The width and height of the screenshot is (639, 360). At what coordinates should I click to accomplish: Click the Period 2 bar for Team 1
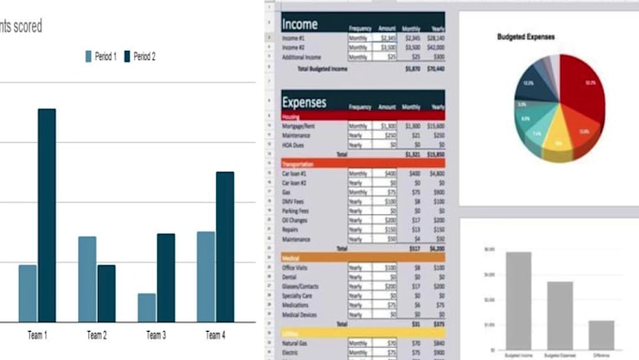coord(46,215)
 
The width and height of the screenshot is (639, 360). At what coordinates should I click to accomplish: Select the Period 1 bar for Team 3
coord(147,307)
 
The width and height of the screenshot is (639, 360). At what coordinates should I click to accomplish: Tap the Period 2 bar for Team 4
coord(225,246)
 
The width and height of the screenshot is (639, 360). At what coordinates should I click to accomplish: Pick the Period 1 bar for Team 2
coord(87,278)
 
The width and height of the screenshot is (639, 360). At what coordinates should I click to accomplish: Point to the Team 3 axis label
coord(156,336)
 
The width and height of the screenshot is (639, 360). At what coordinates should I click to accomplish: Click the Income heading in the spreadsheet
coord(300,24)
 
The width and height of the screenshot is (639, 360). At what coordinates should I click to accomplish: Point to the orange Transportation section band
coord(363,163)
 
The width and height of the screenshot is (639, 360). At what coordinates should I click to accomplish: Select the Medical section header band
coord(363,256)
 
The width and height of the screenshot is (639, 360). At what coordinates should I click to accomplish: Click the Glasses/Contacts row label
coord(304,285)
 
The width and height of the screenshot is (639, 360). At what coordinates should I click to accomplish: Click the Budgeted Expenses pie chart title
coord(526,37)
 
